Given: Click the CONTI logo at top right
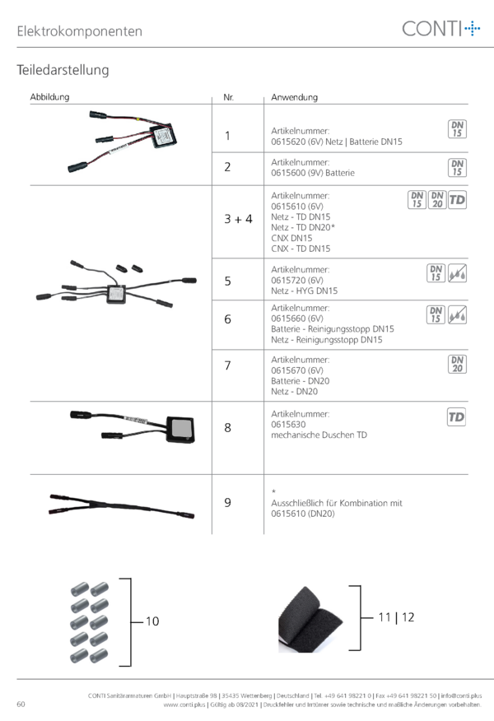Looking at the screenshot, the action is coord(441,29).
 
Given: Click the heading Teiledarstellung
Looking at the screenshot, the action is coord(63,70).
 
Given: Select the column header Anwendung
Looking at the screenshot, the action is coord(295,97).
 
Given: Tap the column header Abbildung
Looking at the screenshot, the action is coord(49,96).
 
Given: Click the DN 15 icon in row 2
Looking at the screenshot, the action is coord(457,168).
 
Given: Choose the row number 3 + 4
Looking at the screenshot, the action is coord(238,219).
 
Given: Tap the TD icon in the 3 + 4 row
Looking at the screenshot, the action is coord(457,199).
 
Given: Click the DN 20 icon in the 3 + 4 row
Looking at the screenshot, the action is coord(437,199).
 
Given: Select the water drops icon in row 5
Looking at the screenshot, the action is coord(457,272).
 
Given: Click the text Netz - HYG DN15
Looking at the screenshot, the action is coord(304,291).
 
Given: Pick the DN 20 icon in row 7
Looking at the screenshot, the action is coord(457,364).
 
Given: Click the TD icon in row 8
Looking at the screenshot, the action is coord(456,416).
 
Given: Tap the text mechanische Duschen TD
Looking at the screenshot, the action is coord(319,435).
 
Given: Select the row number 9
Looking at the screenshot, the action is coord(228,503).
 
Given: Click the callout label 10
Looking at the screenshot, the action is coord(152,621).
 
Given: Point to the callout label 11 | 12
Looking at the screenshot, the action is coord(396,617).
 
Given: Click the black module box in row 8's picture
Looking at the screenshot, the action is coord(180,430).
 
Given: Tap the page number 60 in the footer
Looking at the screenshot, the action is coord(21,704).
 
